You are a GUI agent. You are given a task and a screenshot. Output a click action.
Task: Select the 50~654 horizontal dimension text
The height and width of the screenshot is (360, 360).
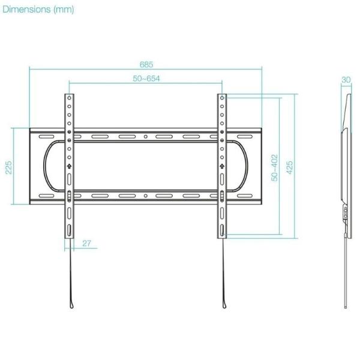click(x=146, y=79)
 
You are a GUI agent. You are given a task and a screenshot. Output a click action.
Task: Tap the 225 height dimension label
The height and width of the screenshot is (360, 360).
click(x=9, y=166)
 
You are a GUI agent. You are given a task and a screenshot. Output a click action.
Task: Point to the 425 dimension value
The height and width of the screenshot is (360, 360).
click(x=290, y=166)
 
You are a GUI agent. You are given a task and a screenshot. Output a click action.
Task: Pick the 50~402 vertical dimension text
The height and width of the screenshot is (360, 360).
click(x=275, y=168)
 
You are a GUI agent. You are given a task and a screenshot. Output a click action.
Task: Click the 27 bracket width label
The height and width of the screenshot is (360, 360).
click(x=86, y=243)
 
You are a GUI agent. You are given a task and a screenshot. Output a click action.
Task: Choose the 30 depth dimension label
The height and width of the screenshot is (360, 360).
click(x=346, y=79)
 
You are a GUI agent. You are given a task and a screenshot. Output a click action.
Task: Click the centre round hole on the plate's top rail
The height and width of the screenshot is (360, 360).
click(x=146, y=137)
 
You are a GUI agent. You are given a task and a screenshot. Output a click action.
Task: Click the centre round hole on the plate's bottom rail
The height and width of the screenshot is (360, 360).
click(x=146, y=196)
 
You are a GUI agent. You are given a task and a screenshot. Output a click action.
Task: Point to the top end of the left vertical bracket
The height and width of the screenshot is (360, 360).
click(x=70, y=95)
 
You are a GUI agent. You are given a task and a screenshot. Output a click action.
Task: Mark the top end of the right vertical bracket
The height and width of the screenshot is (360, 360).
click(x=222, y=95)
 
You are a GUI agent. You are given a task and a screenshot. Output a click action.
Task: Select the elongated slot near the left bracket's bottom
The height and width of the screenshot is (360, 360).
click(x=70, y=230)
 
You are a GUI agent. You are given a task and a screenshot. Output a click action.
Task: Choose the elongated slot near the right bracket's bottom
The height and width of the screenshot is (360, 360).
click(x=222, y=230)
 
